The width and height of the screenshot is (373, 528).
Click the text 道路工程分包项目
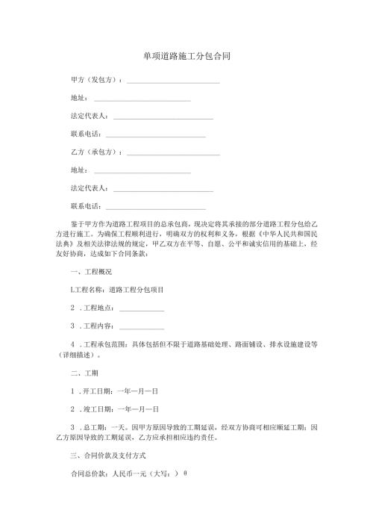(137, 290)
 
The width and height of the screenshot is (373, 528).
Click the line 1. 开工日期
(114, 391)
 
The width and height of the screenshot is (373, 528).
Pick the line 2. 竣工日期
(114, 409)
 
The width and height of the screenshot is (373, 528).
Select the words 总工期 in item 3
(98, 427)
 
